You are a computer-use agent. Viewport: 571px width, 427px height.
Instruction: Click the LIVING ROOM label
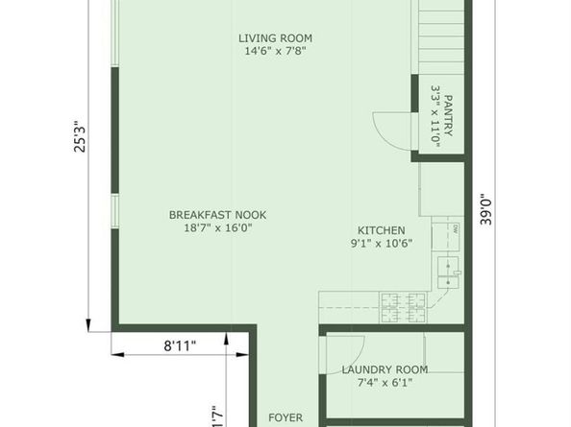pos(276,38)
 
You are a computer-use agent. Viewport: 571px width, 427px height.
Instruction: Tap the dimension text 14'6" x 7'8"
pos(276,53)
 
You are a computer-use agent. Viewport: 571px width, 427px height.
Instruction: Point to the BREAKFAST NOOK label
pos(218,215)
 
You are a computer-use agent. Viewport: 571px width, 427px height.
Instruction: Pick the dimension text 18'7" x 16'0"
pos(218,228)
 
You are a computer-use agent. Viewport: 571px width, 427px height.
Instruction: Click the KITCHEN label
pos(382,230)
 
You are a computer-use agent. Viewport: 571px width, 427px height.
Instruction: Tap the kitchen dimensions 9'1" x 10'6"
pos(382,244)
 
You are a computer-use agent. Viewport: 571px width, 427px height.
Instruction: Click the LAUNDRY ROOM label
pos(385,369)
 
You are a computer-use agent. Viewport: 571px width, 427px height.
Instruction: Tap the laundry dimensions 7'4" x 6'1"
pos(385,383)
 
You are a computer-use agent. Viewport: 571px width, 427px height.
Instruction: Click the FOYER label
pos(285,418)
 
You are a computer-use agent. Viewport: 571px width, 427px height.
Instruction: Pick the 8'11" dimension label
pos(180,344)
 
